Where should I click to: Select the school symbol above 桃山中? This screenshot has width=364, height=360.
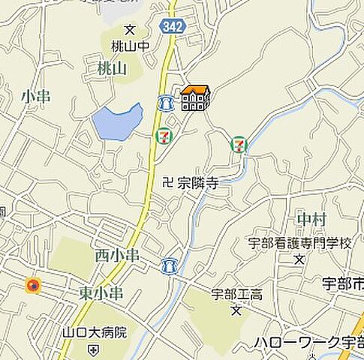(129, 30)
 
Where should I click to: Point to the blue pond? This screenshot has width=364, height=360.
(117, 122)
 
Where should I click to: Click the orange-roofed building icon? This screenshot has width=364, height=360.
(195, 98)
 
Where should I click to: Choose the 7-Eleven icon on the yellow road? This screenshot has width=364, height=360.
(161, 136)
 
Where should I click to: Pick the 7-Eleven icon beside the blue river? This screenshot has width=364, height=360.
(239, 142)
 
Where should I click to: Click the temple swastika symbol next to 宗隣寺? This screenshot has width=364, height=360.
(167, 181)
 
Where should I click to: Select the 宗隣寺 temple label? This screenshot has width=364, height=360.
(197, 181)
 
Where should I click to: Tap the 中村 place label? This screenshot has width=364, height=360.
(311, 218)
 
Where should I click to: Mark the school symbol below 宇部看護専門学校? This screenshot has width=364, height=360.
(299, 259)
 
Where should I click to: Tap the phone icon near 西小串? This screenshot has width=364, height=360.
(169, 265)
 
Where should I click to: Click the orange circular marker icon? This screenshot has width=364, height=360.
(32, 285)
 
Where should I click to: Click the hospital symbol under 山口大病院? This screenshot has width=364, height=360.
(92, 349)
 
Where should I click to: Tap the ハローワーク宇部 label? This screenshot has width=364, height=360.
(308, 343)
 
